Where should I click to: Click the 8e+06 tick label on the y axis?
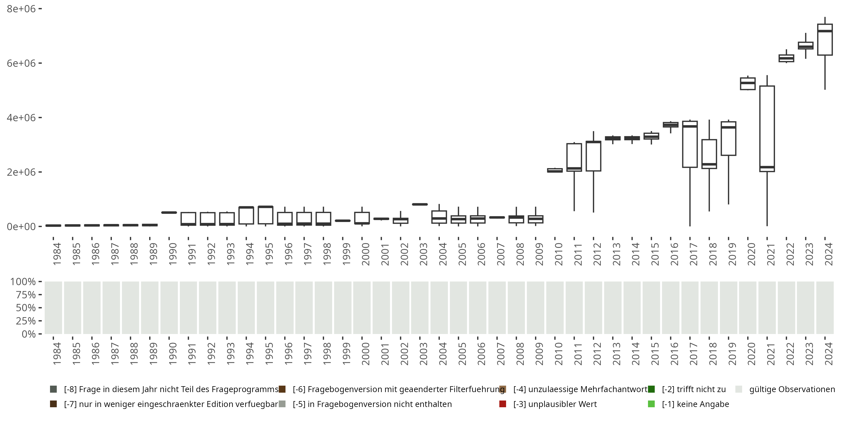[21, 9]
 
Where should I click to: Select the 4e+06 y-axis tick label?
[21, 118]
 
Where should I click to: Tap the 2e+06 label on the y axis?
[21, 172]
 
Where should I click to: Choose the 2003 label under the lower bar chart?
[423, 354]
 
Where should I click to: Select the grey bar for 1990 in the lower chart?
[169, 308]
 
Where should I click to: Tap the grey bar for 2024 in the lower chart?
[825, 308]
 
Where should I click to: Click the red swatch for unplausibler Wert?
[503, 404]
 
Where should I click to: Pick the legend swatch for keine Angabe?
[651, 404]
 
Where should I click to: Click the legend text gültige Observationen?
[792, 389]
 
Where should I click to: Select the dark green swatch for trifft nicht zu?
[651, 389]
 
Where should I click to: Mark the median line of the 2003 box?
[420, 204]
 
